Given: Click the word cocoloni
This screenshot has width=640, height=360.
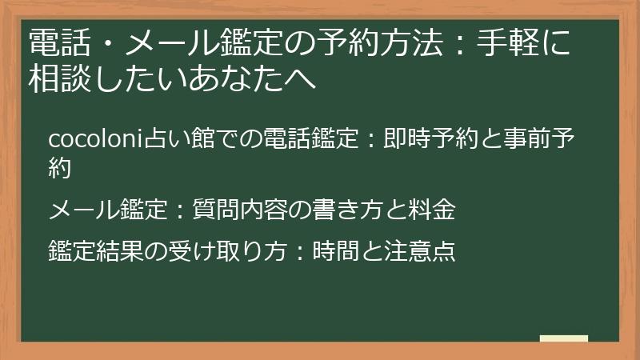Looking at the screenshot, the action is coord(96,138).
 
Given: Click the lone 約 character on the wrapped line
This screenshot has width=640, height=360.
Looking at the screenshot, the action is coord(60,168).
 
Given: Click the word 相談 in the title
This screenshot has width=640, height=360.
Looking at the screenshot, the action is coord(59,78).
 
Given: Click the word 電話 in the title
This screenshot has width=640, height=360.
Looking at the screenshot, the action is coord(59,42).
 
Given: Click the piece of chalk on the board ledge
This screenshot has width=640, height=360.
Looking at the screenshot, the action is coord(564,338).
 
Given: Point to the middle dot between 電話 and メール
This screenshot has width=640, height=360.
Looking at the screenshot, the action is coord(108,43).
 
